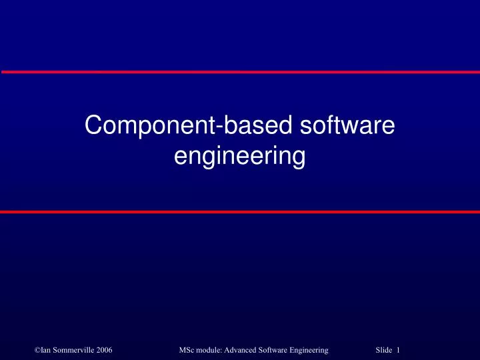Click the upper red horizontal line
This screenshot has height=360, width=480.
click(x=240, y=71)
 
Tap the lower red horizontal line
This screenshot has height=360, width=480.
click(x=240, y=211)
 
